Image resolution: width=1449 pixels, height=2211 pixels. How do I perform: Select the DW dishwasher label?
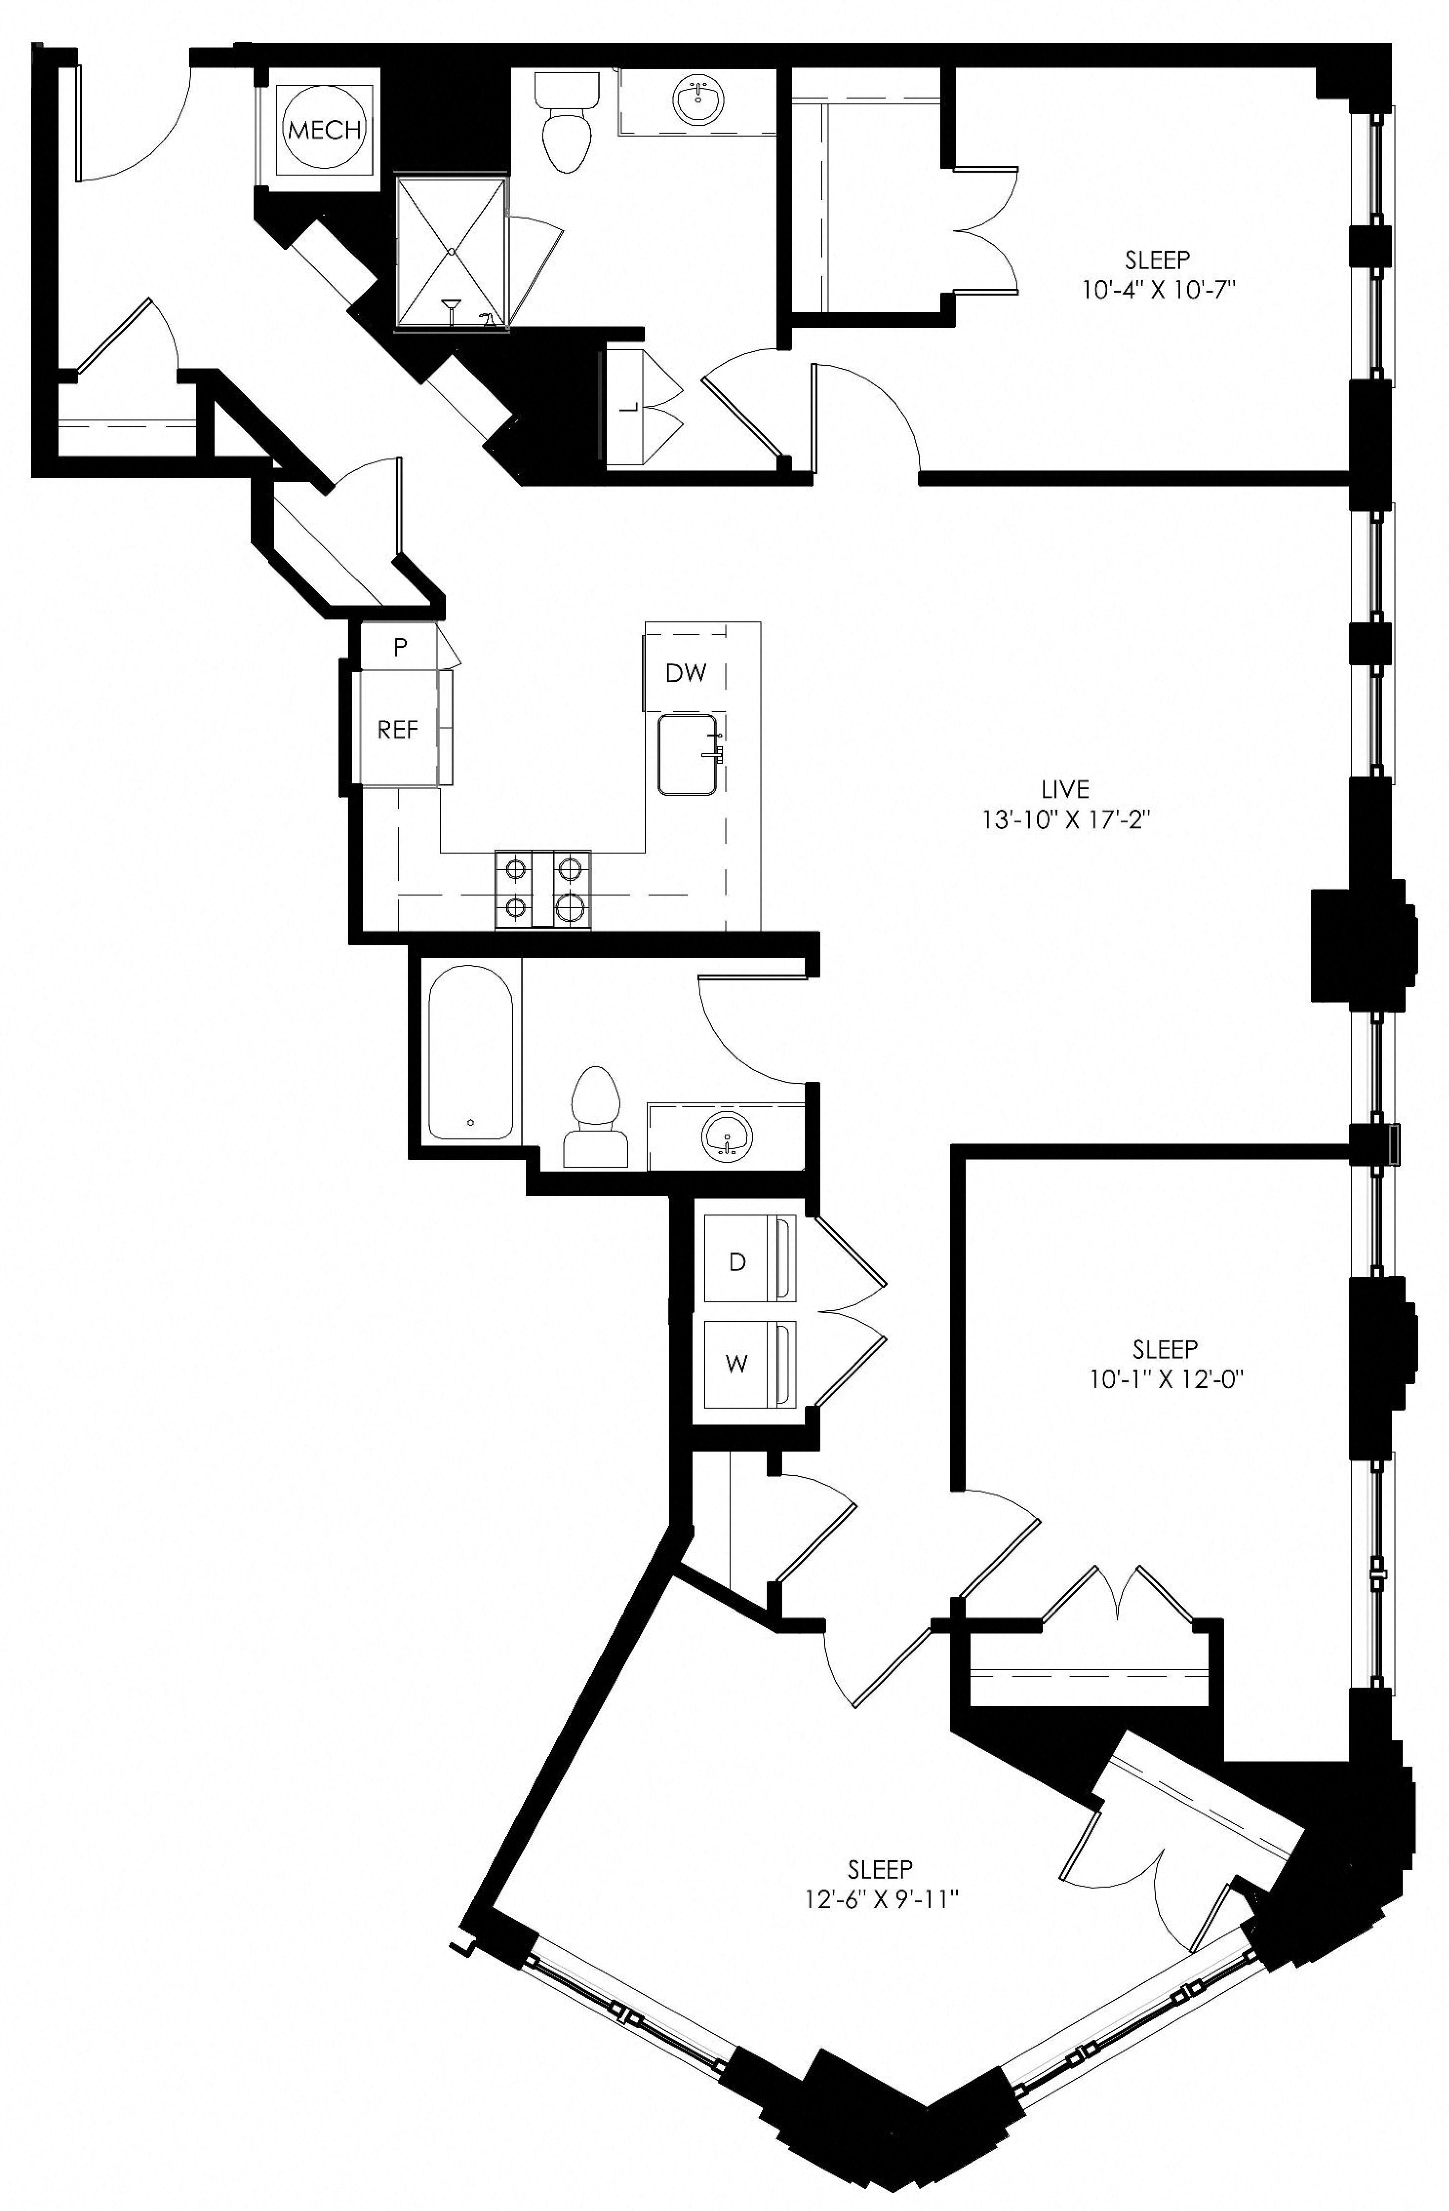point(686,674)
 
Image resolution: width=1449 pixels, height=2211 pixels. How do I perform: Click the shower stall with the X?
point(452,252)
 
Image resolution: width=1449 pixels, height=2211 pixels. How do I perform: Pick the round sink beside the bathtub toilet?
point(727,1135)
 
